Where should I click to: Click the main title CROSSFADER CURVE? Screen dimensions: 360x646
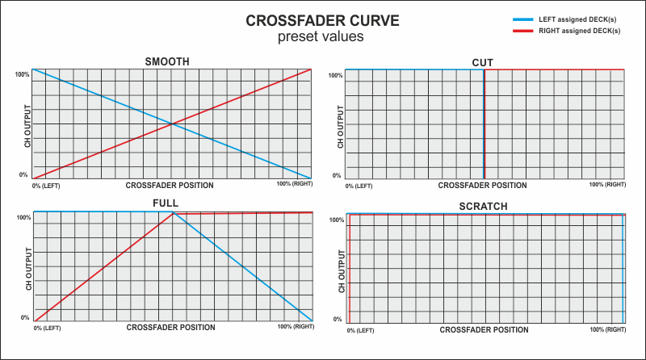tap(321, 20)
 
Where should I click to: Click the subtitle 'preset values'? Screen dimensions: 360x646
tap(321, 37)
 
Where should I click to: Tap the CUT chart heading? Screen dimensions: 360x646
tap(482, 62)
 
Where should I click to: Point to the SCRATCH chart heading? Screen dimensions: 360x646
tap(483, 207)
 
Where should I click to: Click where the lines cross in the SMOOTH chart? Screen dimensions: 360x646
tap(171, 123)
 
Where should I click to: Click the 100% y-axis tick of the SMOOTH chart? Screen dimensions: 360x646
tap(22, 74)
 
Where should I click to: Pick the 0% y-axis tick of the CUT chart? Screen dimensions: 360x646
tap(337, 175)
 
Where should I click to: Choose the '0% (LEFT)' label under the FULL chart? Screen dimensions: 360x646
tap(47, 328)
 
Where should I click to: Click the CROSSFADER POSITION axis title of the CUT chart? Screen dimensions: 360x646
tap(482, 186)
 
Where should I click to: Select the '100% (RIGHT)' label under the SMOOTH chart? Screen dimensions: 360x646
tap(294, 186)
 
